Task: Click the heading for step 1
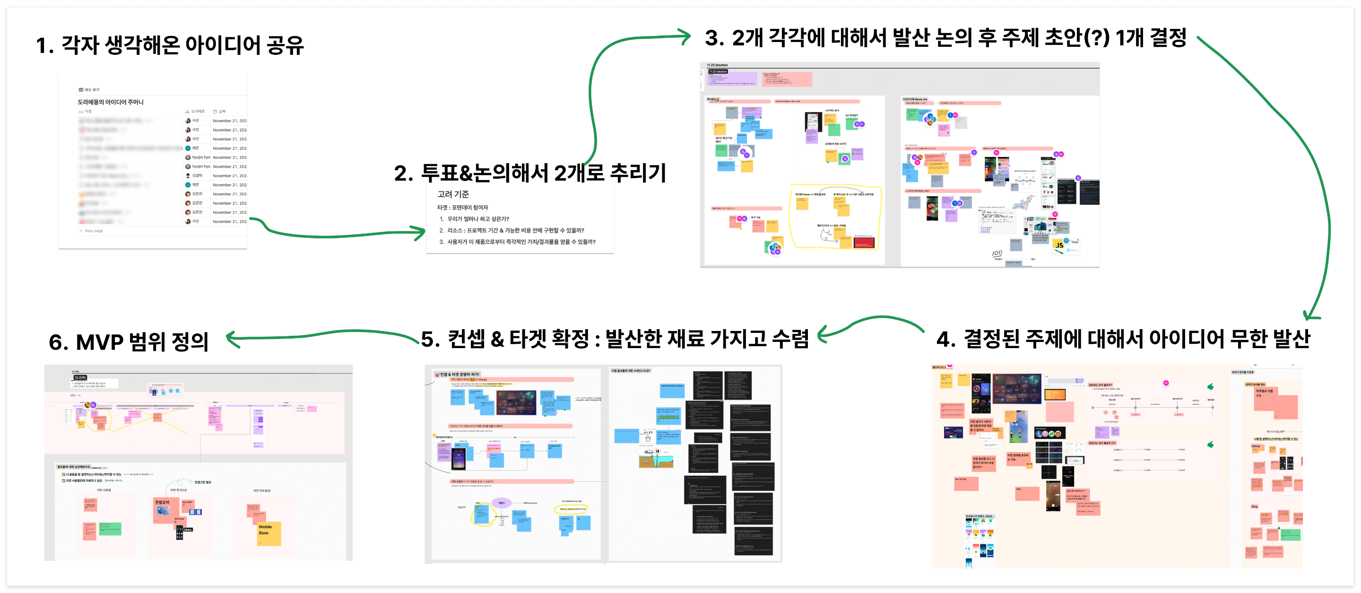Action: [x=170, y=45]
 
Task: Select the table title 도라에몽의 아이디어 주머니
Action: [x=111, y=102]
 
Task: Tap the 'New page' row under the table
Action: [x=93, y=231]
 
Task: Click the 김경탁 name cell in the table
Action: [x=197, y=175]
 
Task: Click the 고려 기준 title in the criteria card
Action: [x=453, y=194]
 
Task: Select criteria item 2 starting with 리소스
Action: [x=511, y=230]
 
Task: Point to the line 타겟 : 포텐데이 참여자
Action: [x=462, y=208]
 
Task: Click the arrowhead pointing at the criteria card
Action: [x=420, y=232]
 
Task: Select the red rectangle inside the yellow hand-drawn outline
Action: [x=863, y=243]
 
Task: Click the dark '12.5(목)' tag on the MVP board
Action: [x=80, y=377]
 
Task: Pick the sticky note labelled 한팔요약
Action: [x=162, y=502]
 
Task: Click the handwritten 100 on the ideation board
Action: [x=997, y=253]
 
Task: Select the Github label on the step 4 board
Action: [x=1256, y=446]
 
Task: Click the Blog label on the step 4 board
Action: [x=1254, y=506]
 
